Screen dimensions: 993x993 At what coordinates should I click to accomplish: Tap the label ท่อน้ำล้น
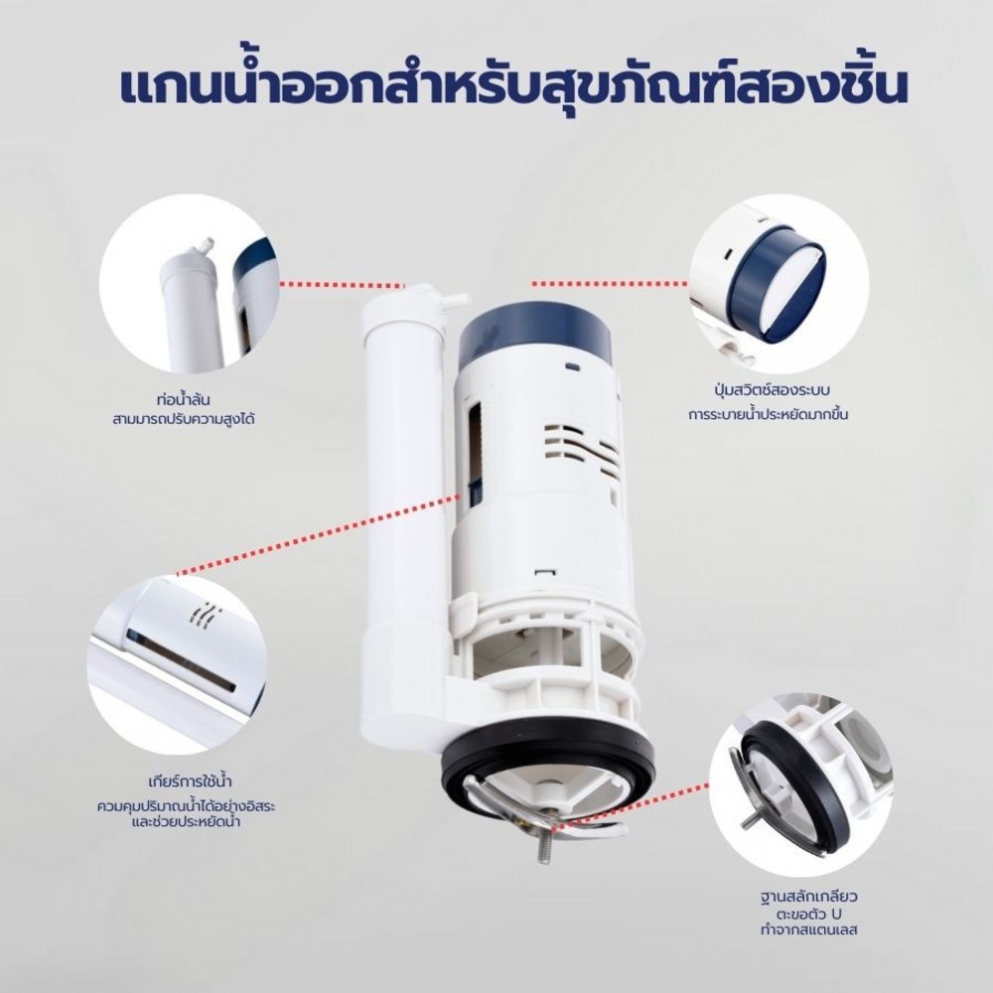183,399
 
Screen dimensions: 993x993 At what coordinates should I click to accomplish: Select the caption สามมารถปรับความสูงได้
183,419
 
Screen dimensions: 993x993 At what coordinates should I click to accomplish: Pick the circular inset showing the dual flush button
779,284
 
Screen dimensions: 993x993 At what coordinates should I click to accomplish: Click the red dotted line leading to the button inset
610,283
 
